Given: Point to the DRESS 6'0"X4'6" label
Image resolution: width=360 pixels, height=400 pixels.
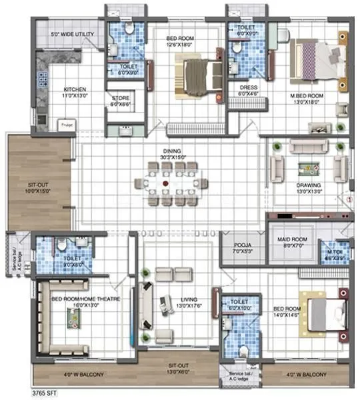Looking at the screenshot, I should [248, 91].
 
